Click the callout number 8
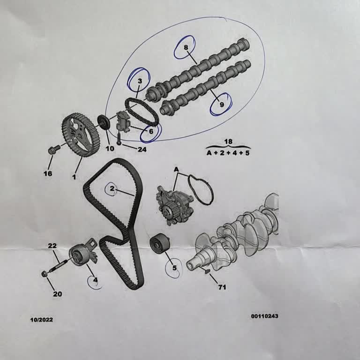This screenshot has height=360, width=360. [186, 47]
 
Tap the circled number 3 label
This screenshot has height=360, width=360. [140, 81]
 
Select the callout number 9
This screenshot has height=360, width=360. [222, 105]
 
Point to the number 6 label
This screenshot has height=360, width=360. [151, 131]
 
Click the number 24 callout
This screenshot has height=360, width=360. [142, 150]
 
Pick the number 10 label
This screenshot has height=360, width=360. [110, 149]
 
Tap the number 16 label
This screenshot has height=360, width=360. [48, 173]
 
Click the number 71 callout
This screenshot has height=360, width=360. [222, 287]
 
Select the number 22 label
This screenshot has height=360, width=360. [52, 246]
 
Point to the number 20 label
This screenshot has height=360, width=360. [57, 294]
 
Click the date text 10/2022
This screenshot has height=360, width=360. [42, 320]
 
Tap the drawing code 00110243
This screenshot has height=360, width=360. [264, 316]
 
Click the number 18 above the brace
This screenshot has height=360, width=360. [228, 142]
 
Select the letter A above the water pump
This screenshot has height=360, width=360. [176, 169]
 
